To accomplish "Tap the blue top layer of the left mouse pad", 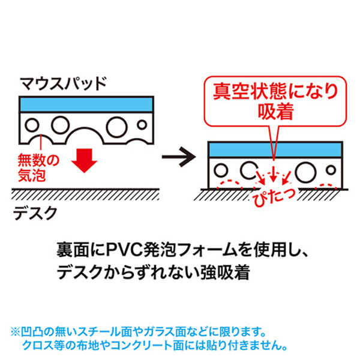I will [86, 103].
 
